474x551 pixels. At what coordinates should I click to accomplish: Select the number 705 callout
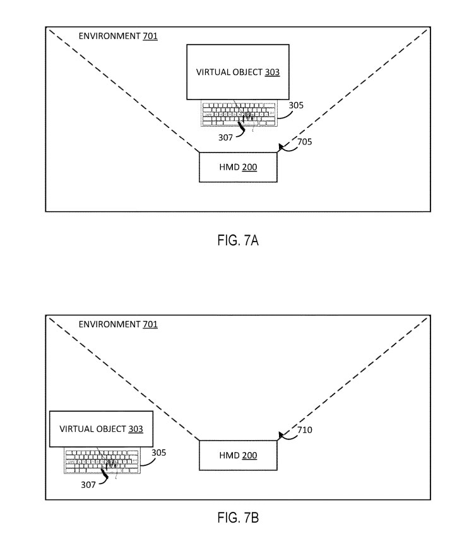pos(304,142)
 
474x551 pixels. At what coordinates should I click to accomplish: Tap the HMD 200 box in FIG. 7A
pos(237,166)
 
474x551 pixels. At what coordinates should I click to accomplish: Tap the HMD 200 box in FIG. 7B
pos(237,455)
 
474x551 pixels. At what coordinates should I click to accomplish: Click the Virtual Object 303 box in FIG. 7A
pos(237,72)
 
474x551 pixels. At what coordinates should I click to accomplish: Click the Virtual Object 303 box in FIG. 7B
pos(101,429)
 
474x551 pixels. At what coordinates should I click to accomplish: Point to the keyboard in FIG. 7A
pos(239,113)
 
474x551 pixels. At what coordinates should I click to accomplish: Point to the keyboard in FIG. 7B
pos(101,461)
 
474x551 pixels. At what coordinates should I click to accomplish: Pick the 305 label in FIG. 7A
pos(296,105)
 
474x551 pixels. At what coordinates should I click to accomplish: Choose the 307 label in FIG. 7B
pos(88,485)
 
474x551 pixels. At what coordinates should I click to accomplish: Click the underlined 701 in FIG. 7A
pos(150,36)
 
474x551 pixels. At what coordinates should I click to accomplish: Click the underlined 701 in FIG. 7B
pos(150,324)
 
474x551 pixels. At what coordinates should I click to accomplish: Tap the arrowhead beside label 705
pos(278,148)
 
